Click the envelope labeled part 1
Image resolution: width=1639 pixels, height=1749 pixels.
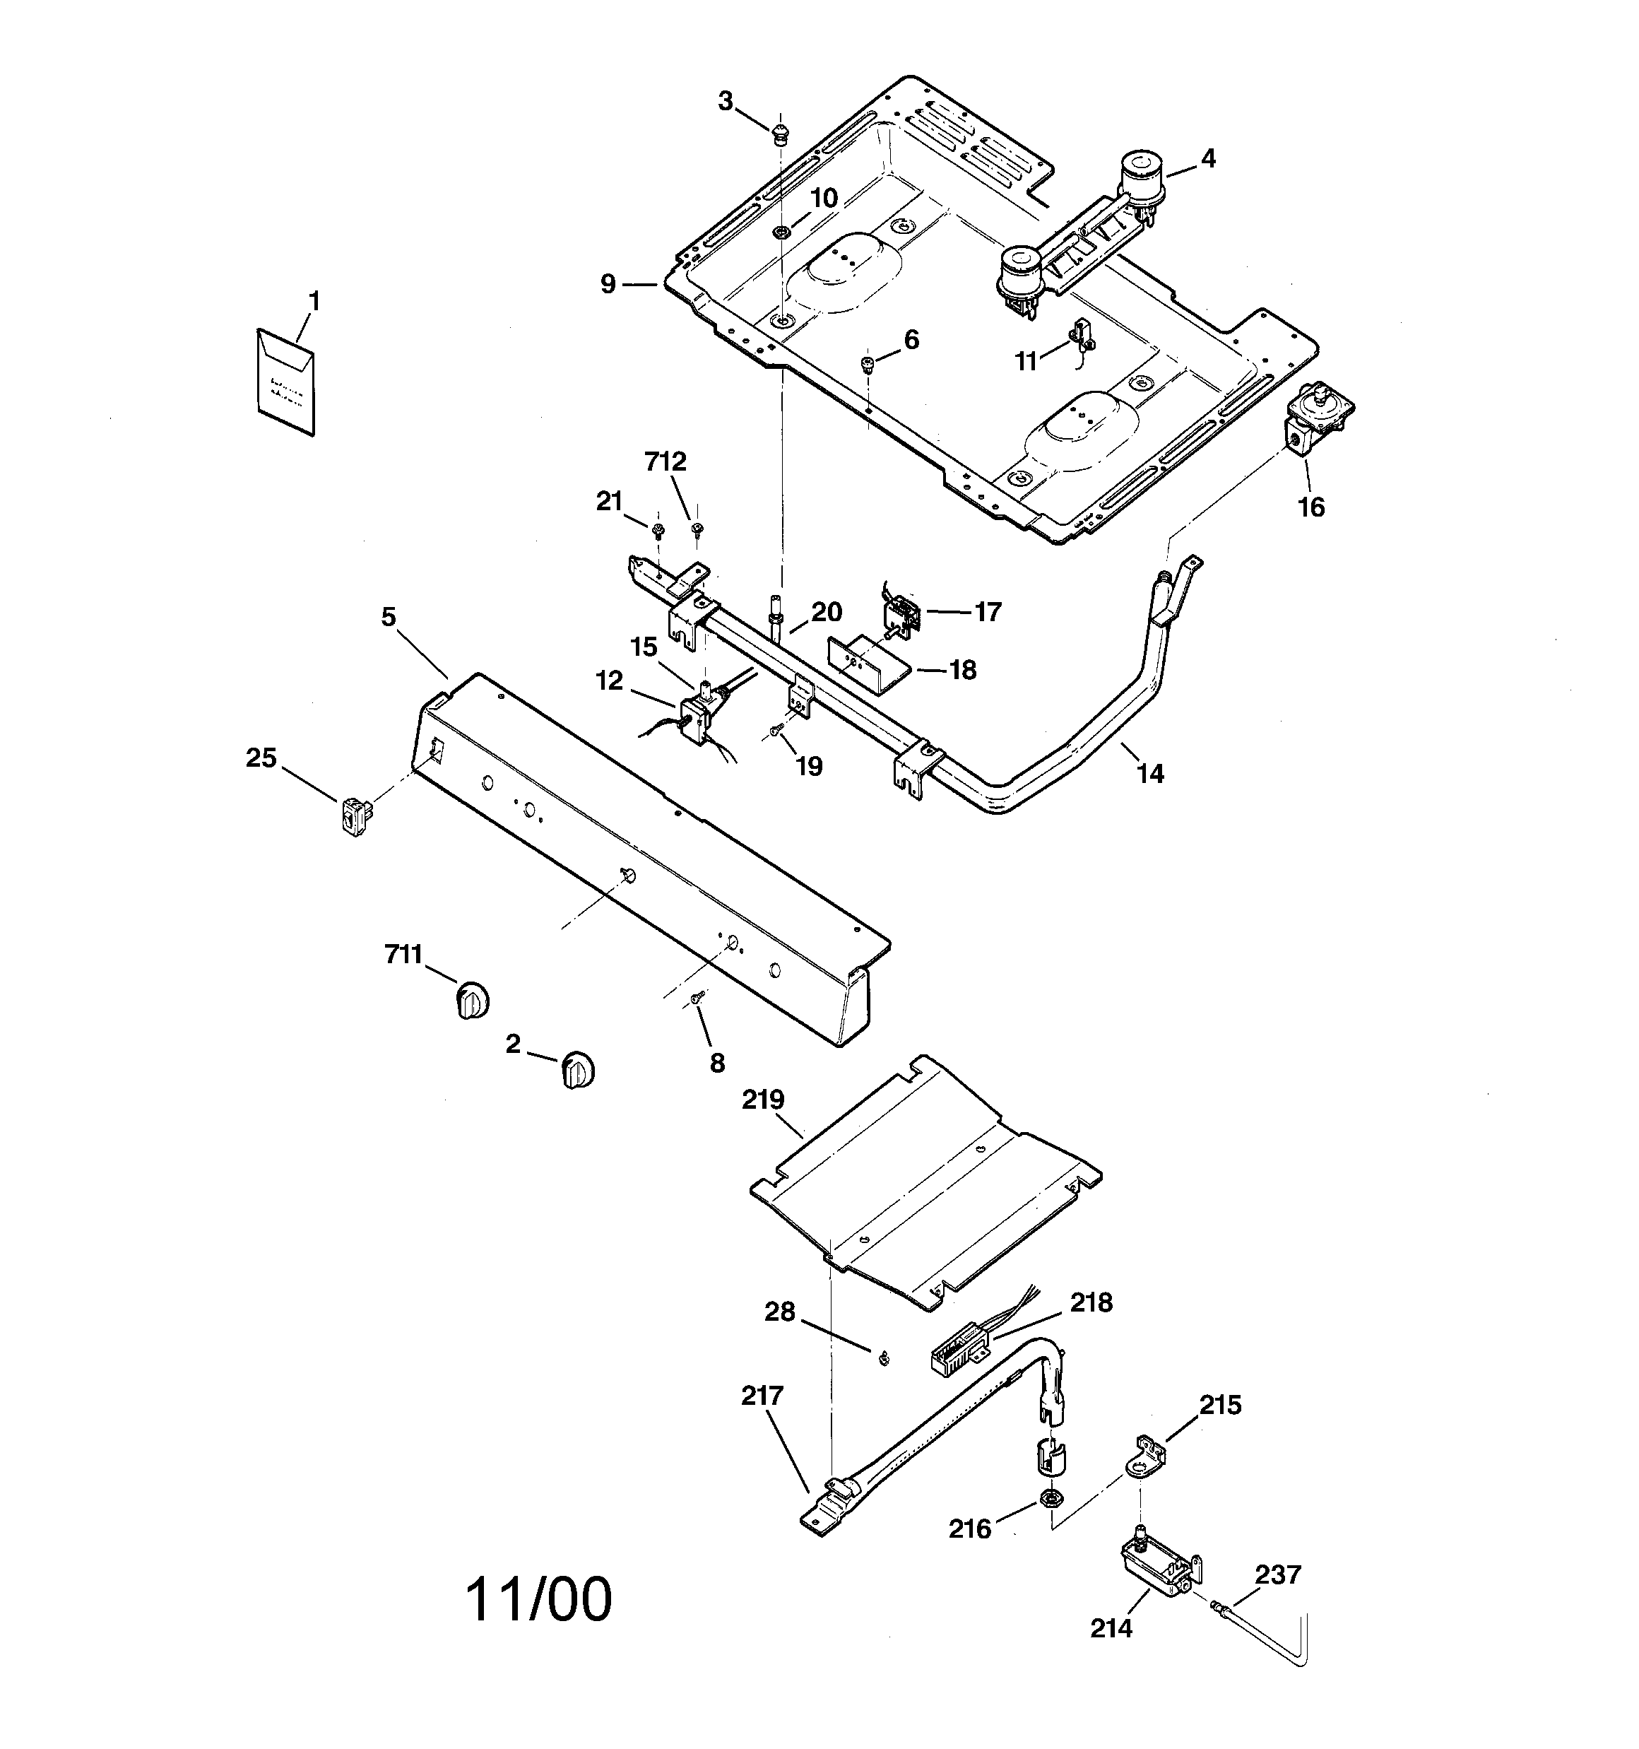285,382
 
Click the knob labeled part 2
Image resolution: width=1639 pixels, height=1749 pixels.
577,1070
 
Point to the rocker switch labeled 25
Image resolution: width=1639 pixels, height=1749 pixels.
354,815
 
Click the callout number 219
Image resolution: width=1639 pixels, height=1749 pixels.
763,1100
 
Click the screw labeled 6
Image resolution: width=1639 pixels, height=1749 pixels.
867,363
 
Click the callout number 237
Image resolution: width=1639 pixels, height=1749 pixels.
1277,1574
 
